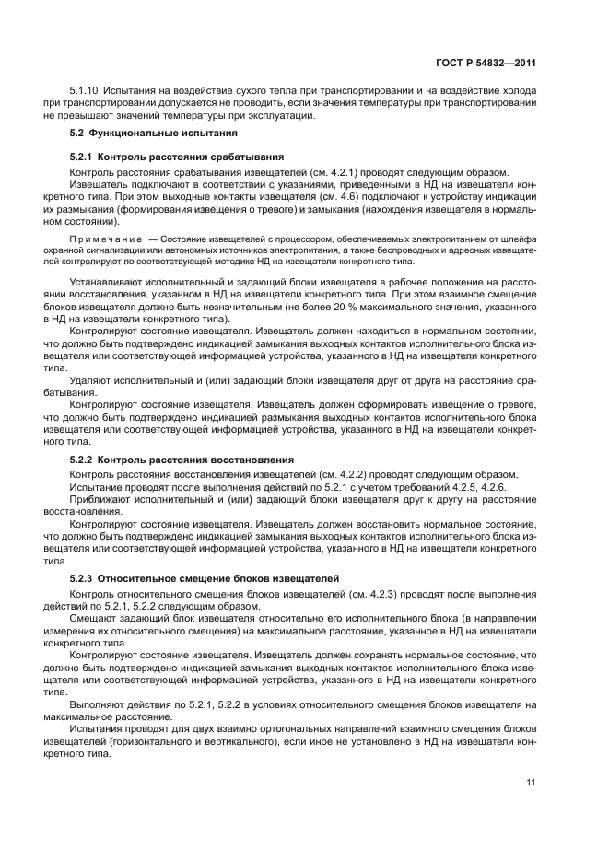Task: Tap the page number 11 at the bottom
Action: click(531, 783)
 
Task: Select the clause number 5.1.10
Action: click(86, 92)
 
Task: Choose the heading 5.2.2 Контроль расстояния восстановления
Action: click(182, 459)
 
